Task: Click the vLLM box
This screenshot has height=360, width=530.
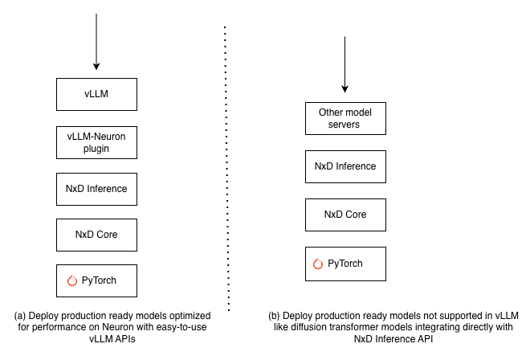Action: tap(96, 94)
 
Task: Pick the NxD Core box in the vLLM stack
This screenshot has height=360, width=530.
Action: tap(96, 234)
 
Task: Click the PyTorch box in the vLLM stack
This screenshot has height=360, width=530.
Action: tap(96, 280)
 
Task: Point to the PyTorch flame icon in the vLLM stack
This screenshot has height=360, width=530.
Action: tap(72, 280)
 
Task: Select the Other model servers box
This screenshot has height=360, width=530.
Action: tap(344, 118)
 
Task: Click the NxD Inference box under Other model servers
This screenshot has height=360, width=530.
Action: tap(344, 166)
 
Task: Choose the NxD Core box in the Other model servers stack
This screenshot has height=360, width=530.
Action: tap(344, 215)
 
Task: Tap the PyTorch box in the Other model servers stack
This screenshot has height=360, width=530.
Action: tap(344, 263)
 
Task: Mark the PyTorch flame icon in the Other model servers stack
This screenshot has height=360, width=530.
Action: tap(318, 263)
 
